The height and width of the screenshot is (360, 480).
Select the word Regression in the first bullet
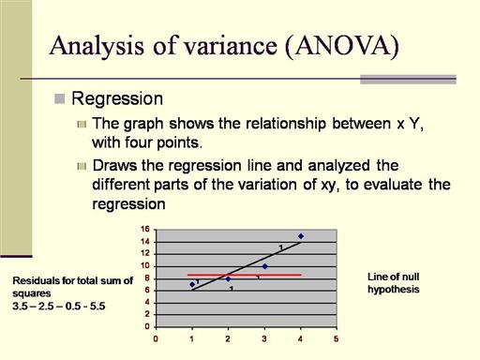pos(117,99)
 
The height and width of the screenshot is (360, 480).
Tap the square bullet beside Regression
pos(59,98)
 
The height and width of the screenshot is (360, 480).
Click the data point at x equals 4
pos(301,236)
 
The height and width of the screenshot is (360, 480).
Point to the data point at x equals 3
pos(264,266)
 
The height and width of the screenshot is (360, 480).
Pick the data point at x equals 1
pos(192,284)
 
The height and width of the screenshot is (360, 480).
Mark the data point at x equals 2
pos(229,278)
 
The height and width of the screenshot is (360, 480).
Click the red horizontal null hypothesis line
pos(245,275)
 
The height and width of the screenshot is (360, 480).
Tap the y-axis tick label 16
pos(145,229)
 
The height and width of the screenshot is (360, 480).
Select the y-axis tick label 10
pos(145,266)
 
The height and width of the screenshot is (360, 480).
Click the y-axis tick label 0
pos(147,326)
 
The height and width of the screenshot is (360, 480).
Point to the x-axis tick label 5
pos(337,338)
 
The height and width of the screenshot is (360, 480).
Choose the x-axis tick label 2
pos(228,338)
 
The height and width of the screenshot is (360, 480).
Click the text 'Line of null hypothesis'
pos(394,283)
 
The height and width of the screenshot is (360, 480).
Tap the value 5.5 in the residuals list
pos(97,306)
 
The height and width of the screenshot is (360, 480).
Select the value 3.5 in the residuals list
pos(21,306)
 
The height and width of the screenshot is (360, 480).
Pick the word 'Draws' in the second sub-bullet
pos(114,165)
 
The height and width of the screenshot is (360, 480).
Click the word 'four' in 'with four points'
pos(139,142)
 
